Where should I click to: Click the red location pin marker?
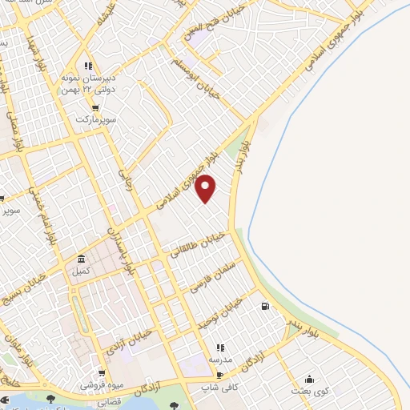point(206,188)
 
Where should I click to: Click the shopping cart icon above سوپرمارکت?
point(95,107)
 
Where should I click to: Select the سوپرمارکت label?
point(96,119)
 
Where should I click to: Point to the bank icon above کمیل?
point(82,260)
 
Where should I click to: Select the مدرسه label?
point(220,360)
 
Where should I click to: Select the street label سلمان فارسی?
point(211,272)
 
